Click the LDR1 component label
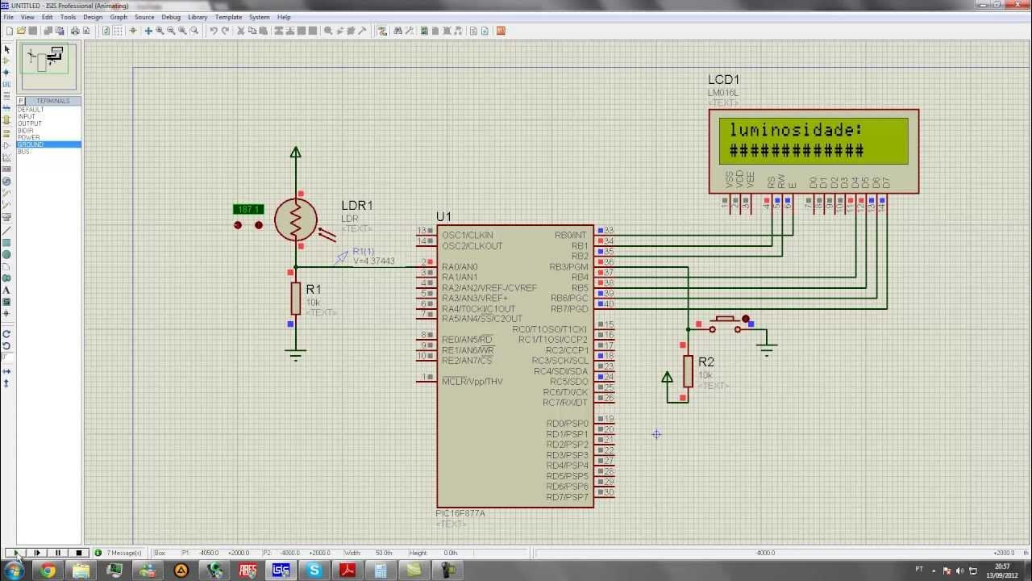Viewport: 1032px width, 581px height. pos(356,206)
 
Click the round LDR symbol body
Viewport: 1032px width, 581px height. pos(295,219)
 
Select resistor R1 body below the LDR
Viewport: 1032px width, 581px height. pos(296,299)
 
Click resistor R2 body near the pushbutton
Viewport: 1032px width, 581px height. pos(688,371)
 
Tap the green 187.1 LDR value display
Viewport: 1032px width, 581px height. pos(248,210)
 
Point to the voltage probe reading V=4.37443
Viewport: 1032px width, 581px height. pos(374,261)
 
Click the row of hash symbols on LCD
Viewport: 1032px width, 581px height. pos(796,151)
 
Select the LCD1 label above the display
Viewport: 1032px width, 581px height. pos(723,80)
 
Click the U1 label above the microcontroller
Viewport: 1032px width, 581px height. pos(443,217)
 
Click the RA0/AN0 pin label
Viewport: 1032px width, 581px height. pos(460,267)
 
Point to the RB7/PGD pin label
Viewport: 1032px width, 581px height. pos(568,309)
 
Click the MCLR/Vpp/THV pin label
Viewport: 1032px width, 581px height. pos(472,382)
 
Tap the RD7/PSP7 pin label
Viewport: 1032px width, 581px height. pos(567,497)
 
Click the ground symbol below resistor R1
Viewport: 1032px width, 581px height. pos(296,353)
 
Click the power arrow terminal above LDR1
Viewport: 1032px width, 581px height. pos(296,152)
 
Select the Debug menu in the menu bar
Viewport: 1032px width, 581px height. pos(171,17)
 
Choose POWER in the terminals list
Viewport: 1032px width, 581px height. pos(28,137)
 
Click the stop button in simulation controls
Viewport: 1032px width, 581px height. pos(78,553)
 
